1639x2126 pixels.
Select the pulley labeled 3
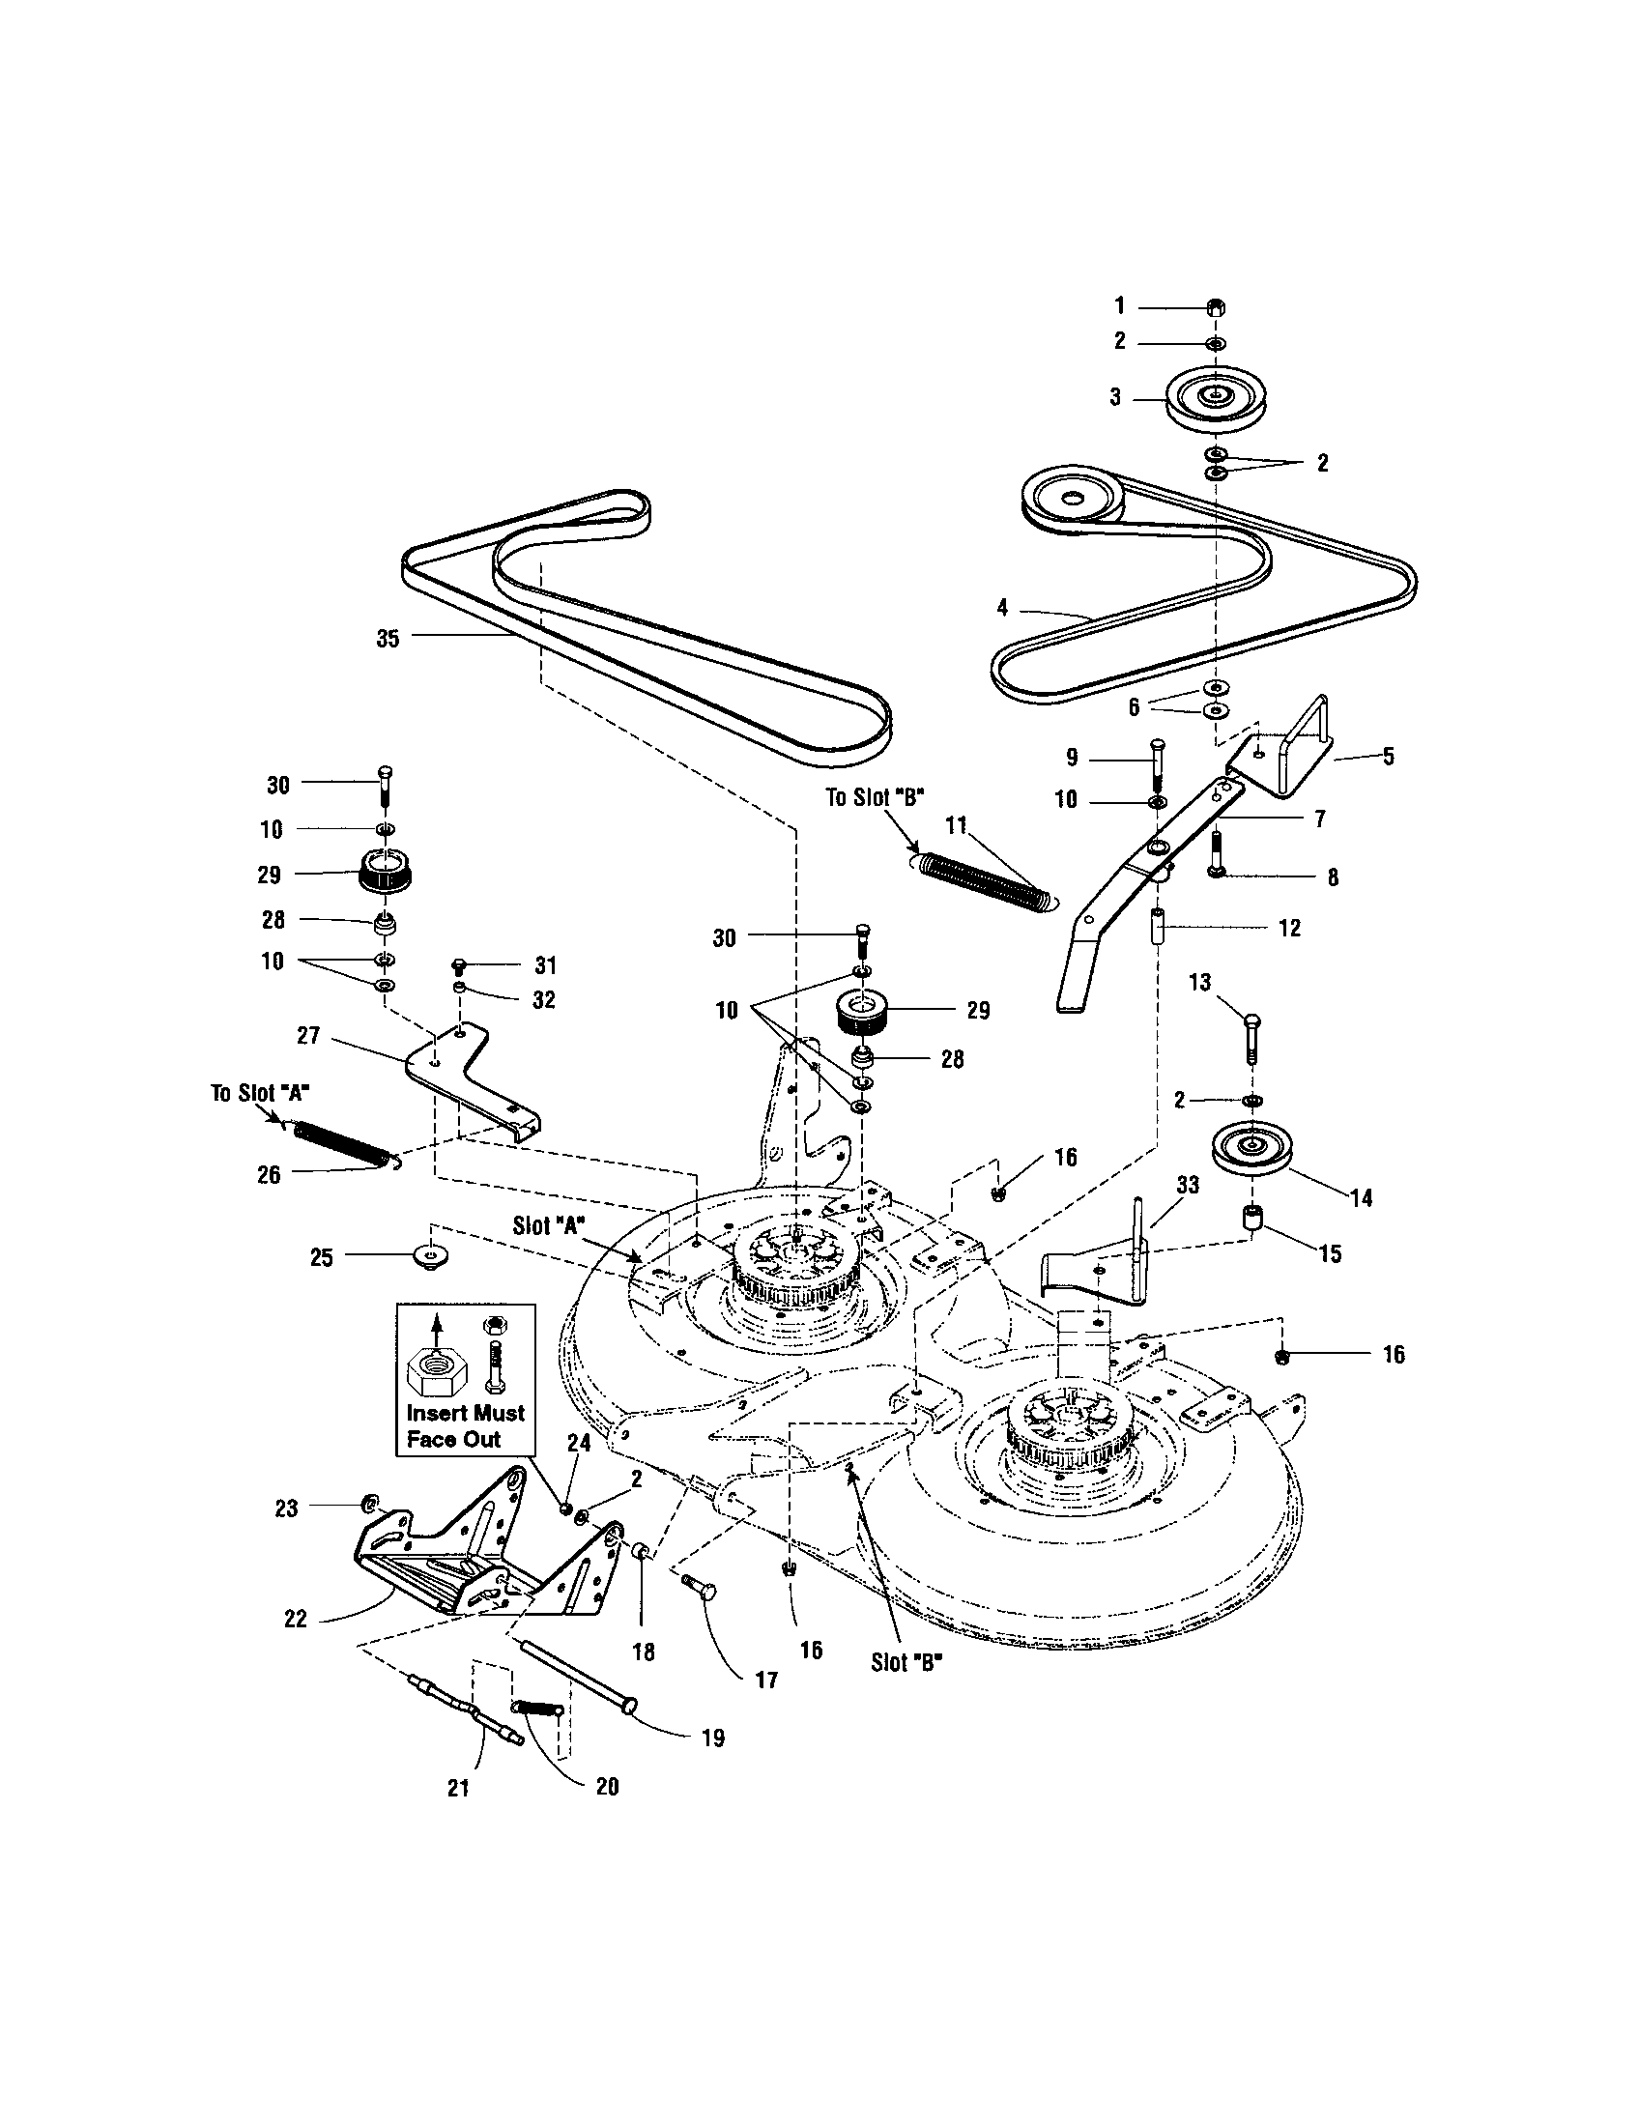1213,396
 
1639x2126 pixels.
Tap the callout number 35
388,640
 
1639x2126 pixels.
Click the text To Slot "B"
875,797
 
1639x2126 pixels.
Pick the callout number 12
1288,928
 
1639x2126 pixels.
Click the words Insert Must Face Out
465,1426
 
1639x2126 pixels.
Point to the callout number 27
308,1036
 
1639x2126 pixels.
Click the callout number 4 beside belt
1002,609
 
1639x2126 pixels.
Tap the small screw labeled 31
460,964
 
